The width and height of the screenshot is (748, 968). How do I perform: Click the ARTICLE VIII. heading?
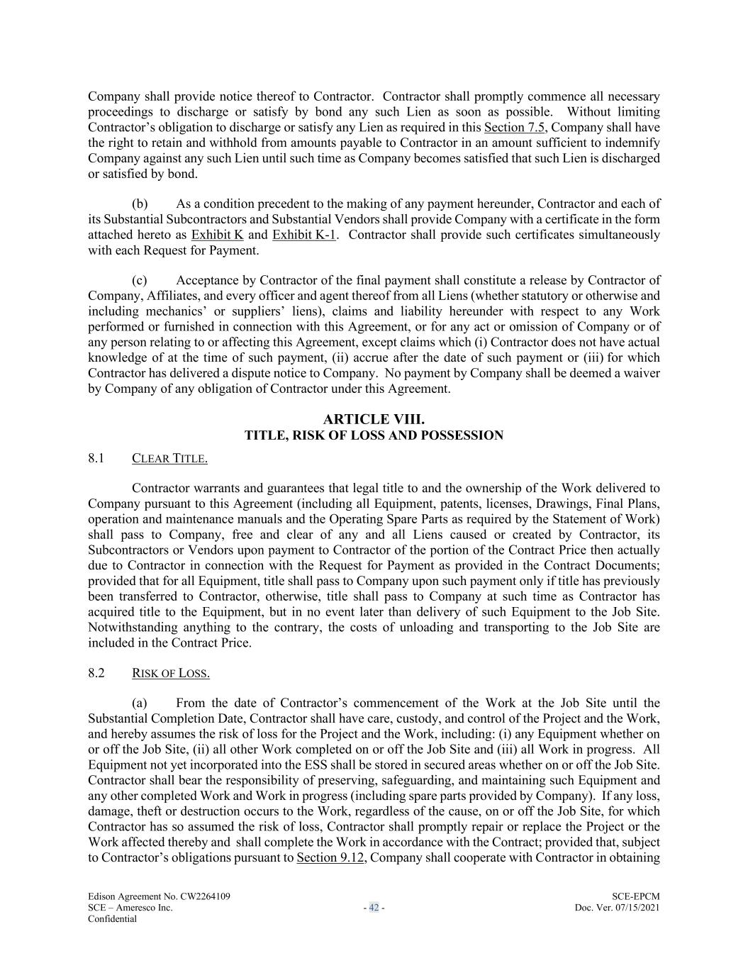[374, 420]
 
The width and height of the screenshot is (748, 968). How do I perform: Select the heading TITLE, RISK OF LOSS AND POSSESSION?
[374, 435]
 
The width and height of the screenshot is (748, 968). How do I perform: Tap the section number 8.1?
[96, 458]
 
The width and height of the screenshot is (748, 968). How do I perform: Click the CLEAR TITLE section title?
[169, 459]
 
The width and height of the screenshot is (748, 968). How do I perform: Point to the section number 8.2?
[96, 673]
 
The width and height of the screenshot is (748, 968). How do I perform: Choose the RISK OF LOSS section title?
[170, 674]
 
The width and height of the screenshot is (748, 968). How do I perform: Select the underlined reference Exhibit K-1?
[303, 235]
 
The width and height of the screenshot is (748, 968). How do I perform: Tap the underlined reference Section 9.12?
[330, 858]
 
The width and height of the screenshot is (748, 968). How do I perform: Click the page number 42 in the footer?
[374, 908]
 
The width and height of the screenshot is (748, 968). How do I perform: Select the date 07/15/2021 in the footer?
[636, 908]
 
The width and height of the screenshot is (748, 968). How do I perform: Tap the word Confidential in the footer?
[112, 919]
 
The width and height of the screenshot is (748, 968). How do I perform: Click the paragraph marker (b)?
[140, 204]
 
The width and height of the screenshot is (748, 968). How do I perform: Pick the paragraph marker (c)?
[140, 281]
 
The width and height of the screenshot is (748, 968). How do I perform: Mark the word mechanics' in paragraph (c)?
[177, 311]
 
